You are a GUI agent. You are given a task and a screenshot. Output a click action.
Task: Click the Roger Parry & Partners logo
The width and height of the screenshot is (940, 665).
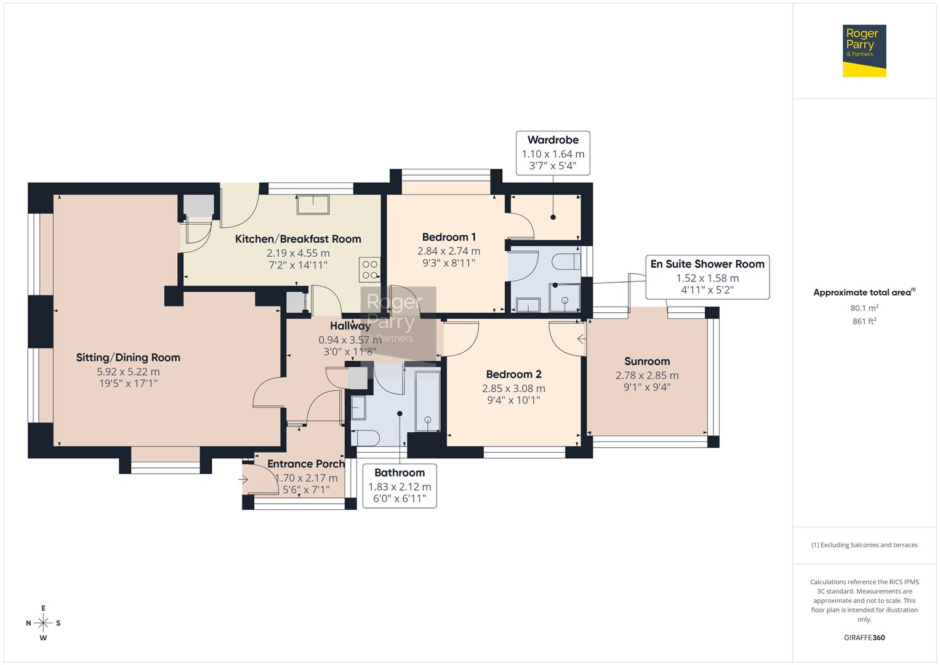pyautogui.click(x=864, y=51)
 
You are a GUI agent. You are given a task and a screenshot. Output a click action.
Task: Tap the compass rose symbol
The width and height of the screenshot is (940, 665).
pyautogui.click(x=43, y=623)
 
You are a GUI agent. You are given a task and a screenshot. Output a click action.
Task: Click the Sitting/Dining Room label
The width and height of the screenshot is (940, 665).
pyautogui.click(x=128, y=357)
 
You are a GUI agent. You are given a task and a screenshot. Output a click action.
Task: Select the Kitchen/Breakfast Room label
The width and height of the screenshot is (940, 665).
pyautogui.click(x=298, y=239)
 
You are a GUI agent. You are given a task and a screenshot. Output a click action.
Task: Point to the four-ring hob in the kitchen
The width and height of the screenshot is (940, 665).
pyautogui.click(x=369, y=270)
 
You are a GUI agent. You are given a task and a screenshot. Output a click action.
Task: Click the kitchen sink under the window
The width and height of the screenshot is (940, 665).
pyautogui.click(x=313, y=204)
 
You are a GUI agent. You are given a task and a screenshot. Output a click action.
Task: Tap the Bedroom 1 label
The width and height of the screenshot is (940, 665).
pyautogui.click(x=449, y=237)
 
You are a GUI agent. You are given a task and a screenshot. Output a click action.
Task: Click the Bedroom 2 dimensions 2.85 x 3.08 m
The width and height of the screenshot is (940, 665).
pyautogui.click(x=513, y=389)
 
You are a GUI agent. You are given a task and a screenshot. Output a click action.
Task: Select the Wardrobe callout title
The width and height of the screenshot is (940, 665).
pyautogui.click(x=553, y=140)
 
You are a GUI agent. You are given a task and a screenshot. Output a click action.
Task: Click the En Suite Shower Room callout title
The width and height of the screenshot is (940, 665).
pyautogui.click(x=707, y=264)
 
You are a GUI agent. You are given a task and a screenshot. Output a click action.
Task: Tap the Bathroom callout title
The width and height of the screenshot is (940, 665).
pyautogui.click(x=400, y=473)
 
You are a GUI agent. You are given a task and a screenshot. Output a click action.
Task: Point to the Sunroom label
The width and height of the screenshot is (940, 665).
pyautogui.click(x=647, y=361)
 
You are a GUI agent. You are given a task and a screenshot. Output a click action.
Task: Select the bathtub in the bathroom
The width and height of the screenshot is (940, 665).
pyautogui.click(x=427, y=400)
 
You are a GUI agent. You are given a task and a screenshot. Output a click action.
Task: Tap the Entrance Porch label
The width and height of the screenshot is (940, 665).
pyautogui.click(x=305, y=464)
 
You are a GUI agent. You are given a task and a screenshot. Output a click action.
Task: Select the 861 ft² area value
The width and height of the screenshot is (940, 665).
pyautogui.click(x=864, y=321)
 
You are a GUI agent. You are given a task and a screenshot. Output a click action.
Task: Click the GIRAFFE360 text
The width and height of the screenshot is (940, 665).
pyautogui.click(x=864, y=637)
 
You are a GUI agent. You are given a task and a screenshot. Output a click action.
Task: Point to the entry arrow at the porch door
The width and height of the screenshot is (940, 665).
pyautogui.click(x=244, y=478)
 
